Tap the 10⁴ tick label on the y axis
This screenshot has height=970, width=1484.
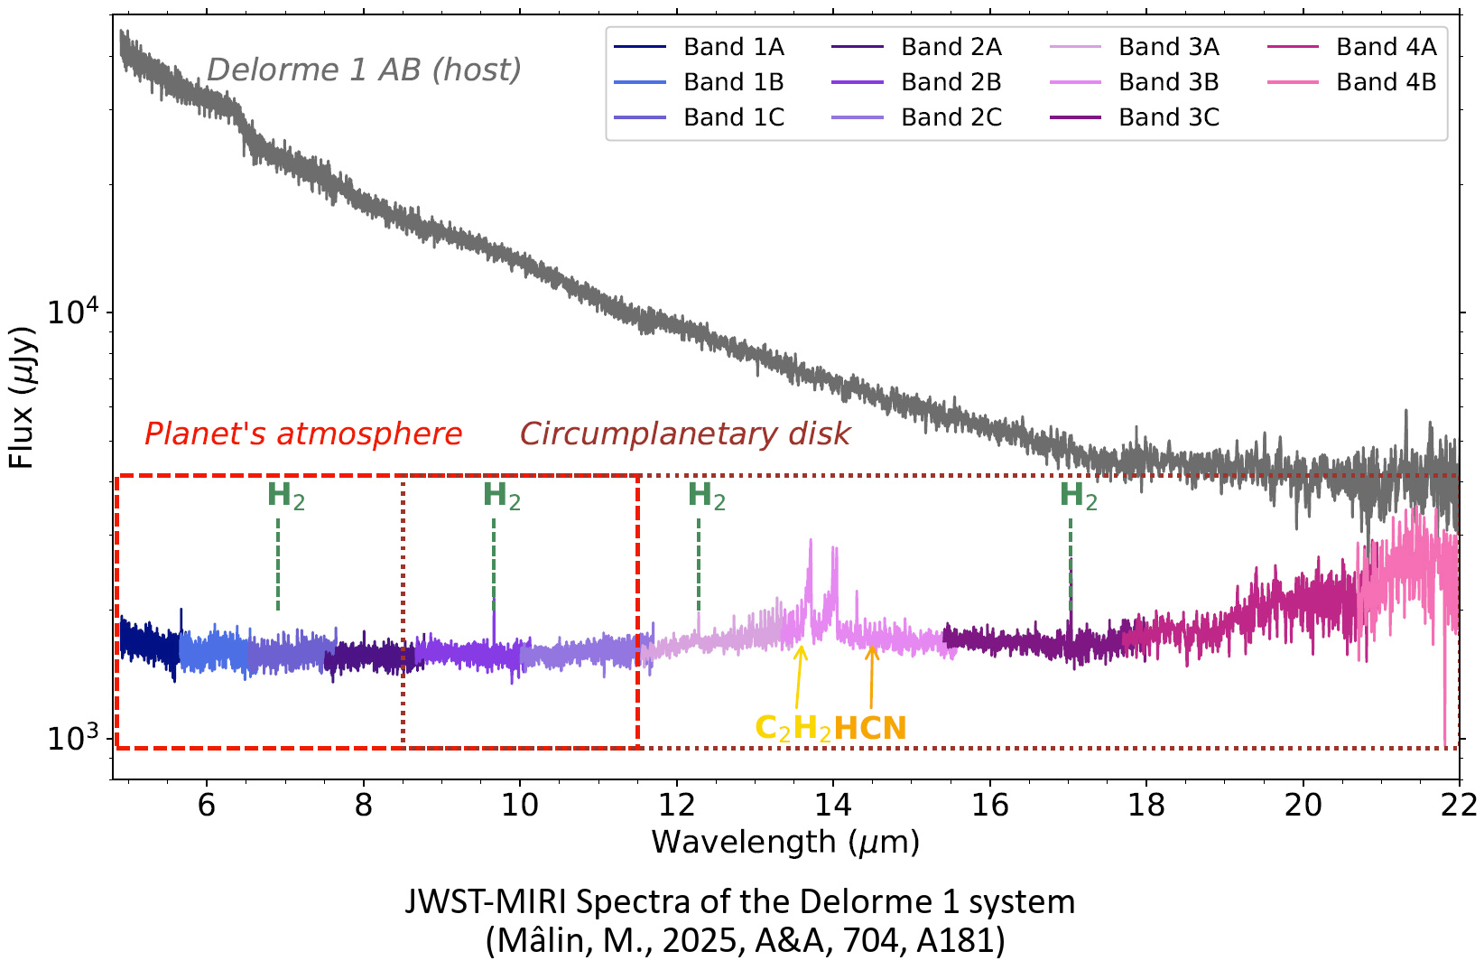click(x=76, y=313)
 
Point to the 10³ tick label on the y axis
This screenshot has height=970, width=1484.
click(x=76, y=739)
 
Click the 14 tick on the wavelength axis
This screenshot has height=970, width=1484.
click(x=832, y=805)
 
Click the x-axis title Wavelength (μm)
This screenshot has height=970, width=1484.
click(x=785, y=842)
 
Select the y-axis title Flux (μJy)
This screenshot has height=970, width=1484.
click(x=22, y=397)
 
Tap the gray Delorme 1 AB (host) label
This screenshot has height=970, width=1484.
click(x=364, y=70)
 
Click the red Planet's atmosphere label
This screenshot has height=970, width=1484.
click(x=303, y=434)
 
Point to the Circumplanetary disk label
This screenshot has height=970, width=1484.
click(x=685, y=434)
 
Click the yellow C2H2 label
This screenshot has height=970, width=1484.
click(x=793, y=728)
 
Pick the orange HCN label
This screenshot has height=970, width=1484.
click(x=869, y=728)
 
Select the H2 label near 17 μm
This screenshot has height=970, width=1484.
click(x=1078, y=496)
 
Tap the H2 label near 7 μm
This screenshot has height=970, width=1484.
click(x=285, y=496)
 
